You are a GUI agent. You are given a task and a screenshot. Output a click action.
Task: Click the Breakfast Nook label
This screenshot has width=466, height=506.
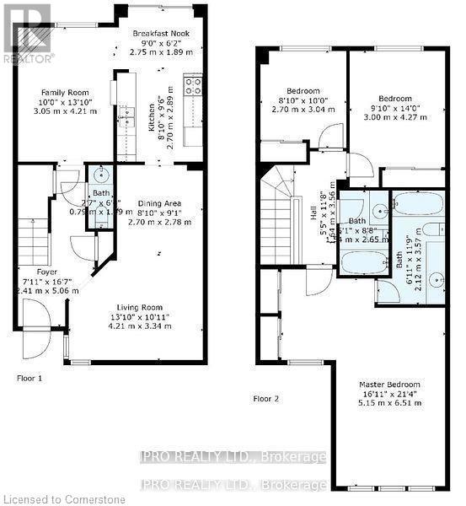click(159, 34)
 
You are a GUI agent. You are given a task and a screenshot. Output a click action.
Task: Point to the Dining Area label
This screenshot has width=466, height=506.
click(159, 202)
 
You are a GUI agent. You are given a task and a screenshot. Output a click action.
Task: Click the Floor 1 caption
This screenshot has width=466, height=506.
click(29, 378)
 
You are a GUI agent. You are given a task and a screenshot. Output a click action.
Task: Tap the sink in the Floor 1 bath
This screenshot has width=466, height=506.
click(100, 176)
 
